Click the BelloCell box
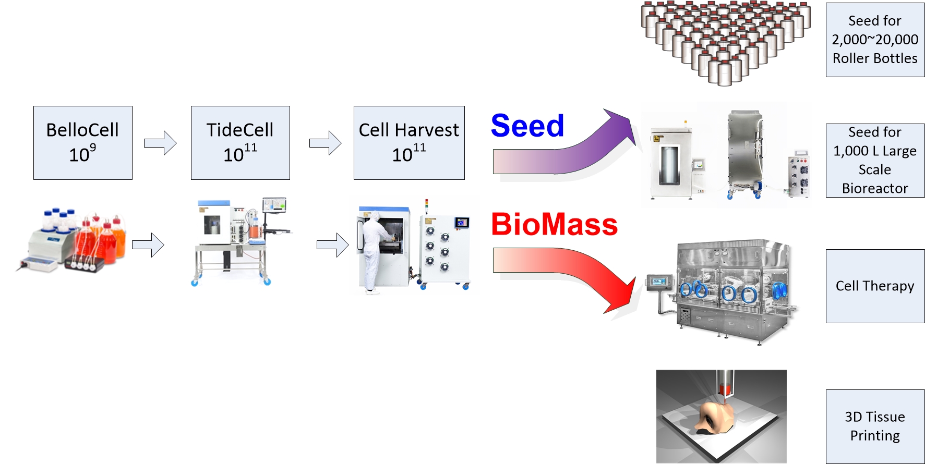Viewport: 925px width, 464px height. [x=82, y=143]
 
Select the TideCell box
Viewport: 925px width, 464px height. [x=240, y=143]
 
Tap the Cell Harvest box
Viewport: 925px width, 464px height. [x=409, y=143]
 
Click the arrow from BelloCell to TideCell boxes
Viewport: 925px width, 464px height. [x=160, y=143]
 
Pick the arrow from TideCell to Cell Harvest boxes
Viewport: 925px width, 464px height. [x=325, y=143]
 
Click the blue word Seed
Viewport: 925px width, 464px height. [x=527, y=126]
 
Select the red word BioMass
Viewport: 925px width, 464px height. [x=554, y=224]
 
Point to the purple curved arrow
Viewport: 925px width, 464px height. [x=563, y=151]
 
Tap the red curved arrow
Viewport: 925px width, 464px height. [x=569, y=271]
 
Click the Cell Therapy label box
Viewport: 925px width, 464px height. [x=875, y=286]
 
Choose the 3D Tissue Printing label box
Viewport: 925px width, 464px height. [x=875, y=426]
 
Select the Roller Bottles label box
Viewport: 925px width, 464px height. [x=875, y=40]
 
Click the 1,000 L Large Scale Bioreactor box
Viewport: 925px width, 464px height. [x=875, y=160]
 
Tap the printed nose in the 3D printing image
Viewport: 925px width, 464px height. [x=715, y=417]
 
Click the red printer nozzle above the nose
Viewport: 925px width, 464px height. [x=724, y=388]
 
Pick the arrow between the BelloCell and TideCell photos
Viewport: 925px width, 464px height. [x=148, y=245]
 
